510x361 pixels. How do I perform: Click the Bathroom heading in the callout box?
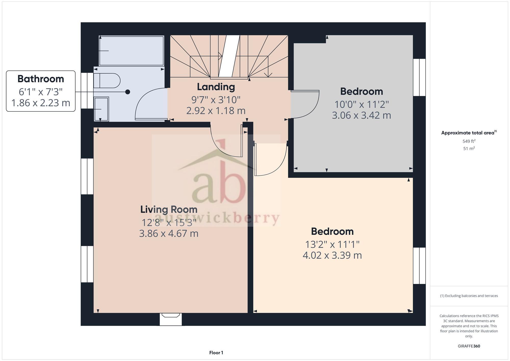pos(41,79)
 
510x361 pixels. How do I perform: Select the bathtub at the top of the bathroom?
pos(131,51)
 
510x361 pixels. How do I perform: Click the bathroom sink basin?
pos(101,109)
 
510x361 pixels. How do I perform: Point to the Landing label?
pos(216,87)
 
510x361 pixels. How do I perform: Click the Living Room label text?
pos(169,209)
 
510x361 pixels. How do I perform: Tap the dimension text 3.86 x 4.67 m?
pos(169,233)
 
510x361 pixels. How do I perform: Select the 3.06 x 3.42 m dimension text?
pos(361,115)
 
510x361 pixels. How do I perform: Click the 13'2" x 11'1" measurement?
pos(332,244)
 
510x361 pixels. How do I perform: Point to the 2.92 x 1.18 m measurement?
pos(216,111)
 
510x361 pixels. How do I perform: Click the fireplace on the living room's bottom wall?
pos(171,319)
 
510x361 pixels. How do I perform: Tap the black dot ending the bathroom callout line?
pos(127,92)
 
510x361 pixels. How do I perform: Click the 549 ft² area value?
pos(469,141)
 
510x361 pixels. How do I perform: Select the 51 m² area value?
pos(469,148)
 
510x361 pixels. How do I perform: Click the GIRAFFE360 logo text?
pos(469,346)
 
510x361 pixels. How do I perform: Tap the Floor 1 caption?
pos(216,353)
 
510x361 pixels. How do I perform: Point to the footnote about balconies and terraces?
pos(469,296)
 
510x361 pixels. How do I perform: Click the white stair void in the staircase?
pos(229,56)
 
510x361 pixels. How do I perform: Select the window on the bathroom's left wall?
pos(87,91)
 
